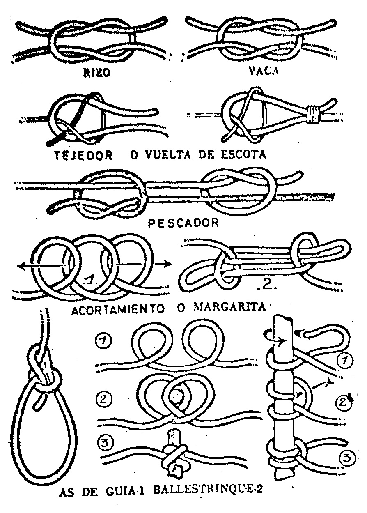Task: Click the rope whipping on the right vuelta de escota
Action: pyautogui.click(x=313, y=114)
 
